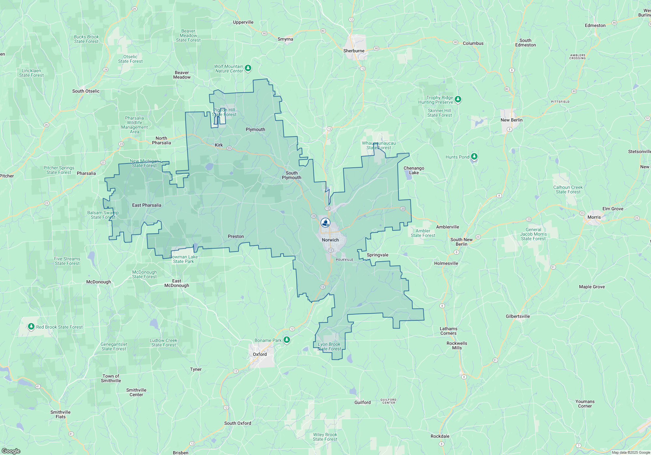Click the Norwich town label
pyautogui.click(x=330, y=240)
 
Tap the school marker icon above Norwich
pyautogui.click(x=325, y=223)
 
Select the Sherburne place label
pyautogui.click(x=354, y=51)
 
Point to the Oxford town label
pyautogui.click(x=260, y=354)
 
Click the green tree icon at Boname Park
pyautogui.click(x=286, y=340)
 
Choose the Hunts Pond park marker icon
pyautogui.click(x=474, y=157)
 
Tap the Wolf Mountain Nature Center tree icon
pyautogui.click(x=248, y=68)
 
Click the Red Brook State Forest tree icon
pyautogui.click(x=31, y=326)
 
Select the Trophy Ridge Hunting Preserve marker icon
pyautogui.click(x=458, y=99)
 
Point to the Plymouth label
pyautogui.click(x=255, y=129)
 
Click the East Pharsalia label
pyautogui.click(x=146, y=205)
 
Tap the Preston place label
pyautogui.click(x=236, y=236)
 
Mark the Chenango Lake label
pyautogui.click(x=414, y=170)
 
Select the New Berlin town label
pyautogui.click(x=511, y=120)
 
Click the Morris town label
pyautogui.click(x=594, y=217)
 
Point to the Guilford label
pyautogui.click(x=362, y=402)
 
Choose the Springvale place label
pyautogui.click(x=377, y=255)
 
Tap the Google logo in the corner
pyautogui.click(x=11, y=451)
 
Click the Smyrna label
pyautogui.click(x=285, y=39)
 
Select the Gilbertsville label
pyautogui.click(x=518, y=316)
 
